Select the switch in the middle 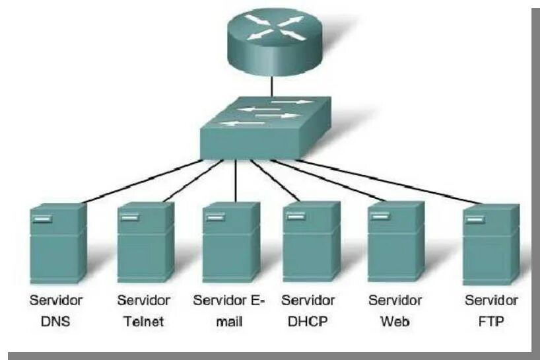tap(261, 128)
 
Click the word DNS tap(56, 323)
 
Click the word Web tap(395, 323)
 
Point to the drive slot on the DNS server tap(42, 218)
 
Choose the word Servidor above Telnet tap(143, 301)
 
